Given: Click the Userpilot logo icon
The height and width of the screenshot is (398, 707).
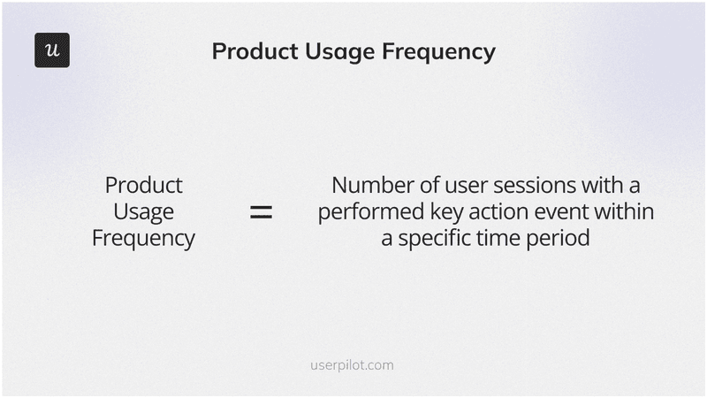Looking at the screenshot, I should coord(52,50).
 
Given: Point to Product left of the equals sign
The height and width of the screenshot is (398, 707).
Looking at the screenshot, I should coord(143,186).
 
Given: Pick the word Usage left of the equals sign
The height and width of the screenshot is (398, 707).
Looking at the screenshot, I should coord(143,212).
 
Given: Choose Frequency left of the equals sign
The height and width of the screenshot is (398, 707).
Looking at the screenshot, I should coord(143,239).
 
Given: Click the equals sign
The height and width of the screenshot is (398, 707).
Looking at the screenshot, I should coord(260,212).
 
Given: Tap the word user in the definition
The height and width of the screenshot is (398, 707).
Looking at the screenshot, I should coord(462,186).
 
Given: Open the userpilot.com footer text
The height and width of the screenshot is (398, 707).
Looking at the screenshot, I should coord(353,364).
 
